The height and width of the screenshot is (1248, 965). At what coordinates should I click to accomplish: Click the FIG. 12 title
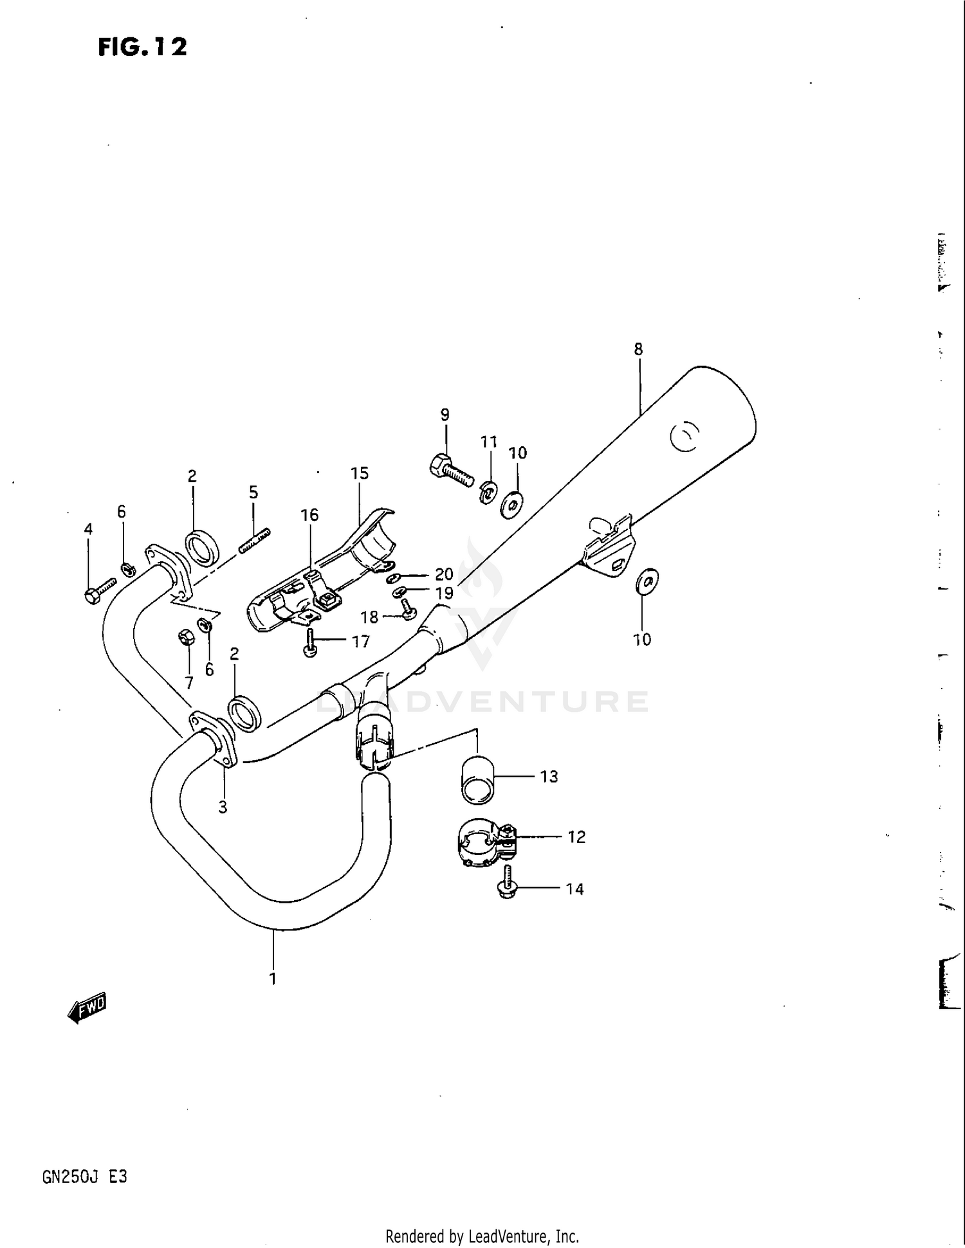coord(142,47)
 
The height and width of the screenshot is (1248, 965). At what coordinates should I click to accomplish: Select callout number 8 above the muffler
coord(638,350)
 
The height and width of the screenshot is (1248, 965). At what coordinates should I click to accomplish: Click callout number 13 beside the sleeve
coord(549,777)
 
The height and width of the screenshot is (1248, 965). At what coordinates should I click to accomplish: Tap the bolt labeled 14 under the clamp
coord(508,882)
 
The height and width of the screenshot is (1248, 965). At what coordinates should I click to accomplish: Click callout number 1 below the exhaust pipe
coord(273,979)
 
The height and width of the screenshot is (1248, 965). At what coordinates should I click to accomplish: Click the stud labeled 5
coord(255,541)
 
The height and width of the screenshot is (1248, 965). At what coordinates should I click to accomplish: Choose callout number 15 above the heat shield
coord(360,474)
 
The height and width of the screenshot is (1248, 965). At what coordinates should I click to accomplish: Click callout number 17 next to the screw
coord(361,641)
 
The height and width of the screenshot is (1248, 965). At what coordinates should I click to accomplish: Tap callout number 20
coord(444,574)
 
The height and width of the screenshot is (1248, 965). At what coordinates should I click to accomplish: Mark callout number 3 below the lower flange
coord(223,808)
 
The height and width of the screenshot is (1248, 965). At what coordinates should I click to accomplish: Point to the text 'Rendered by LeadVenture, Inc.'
coord(482,1236)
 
